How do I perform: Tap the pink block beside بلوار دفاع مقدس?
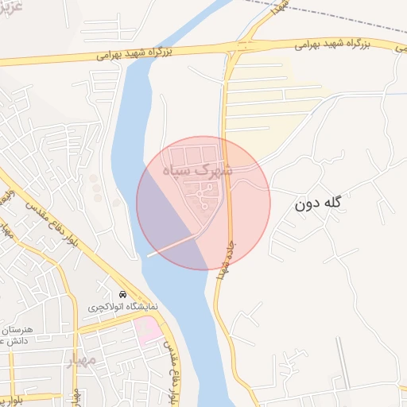pos(147,331)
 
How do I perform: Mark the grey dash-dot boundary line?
pos(334,17)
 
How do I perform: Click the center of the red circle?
pos(203,203)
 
